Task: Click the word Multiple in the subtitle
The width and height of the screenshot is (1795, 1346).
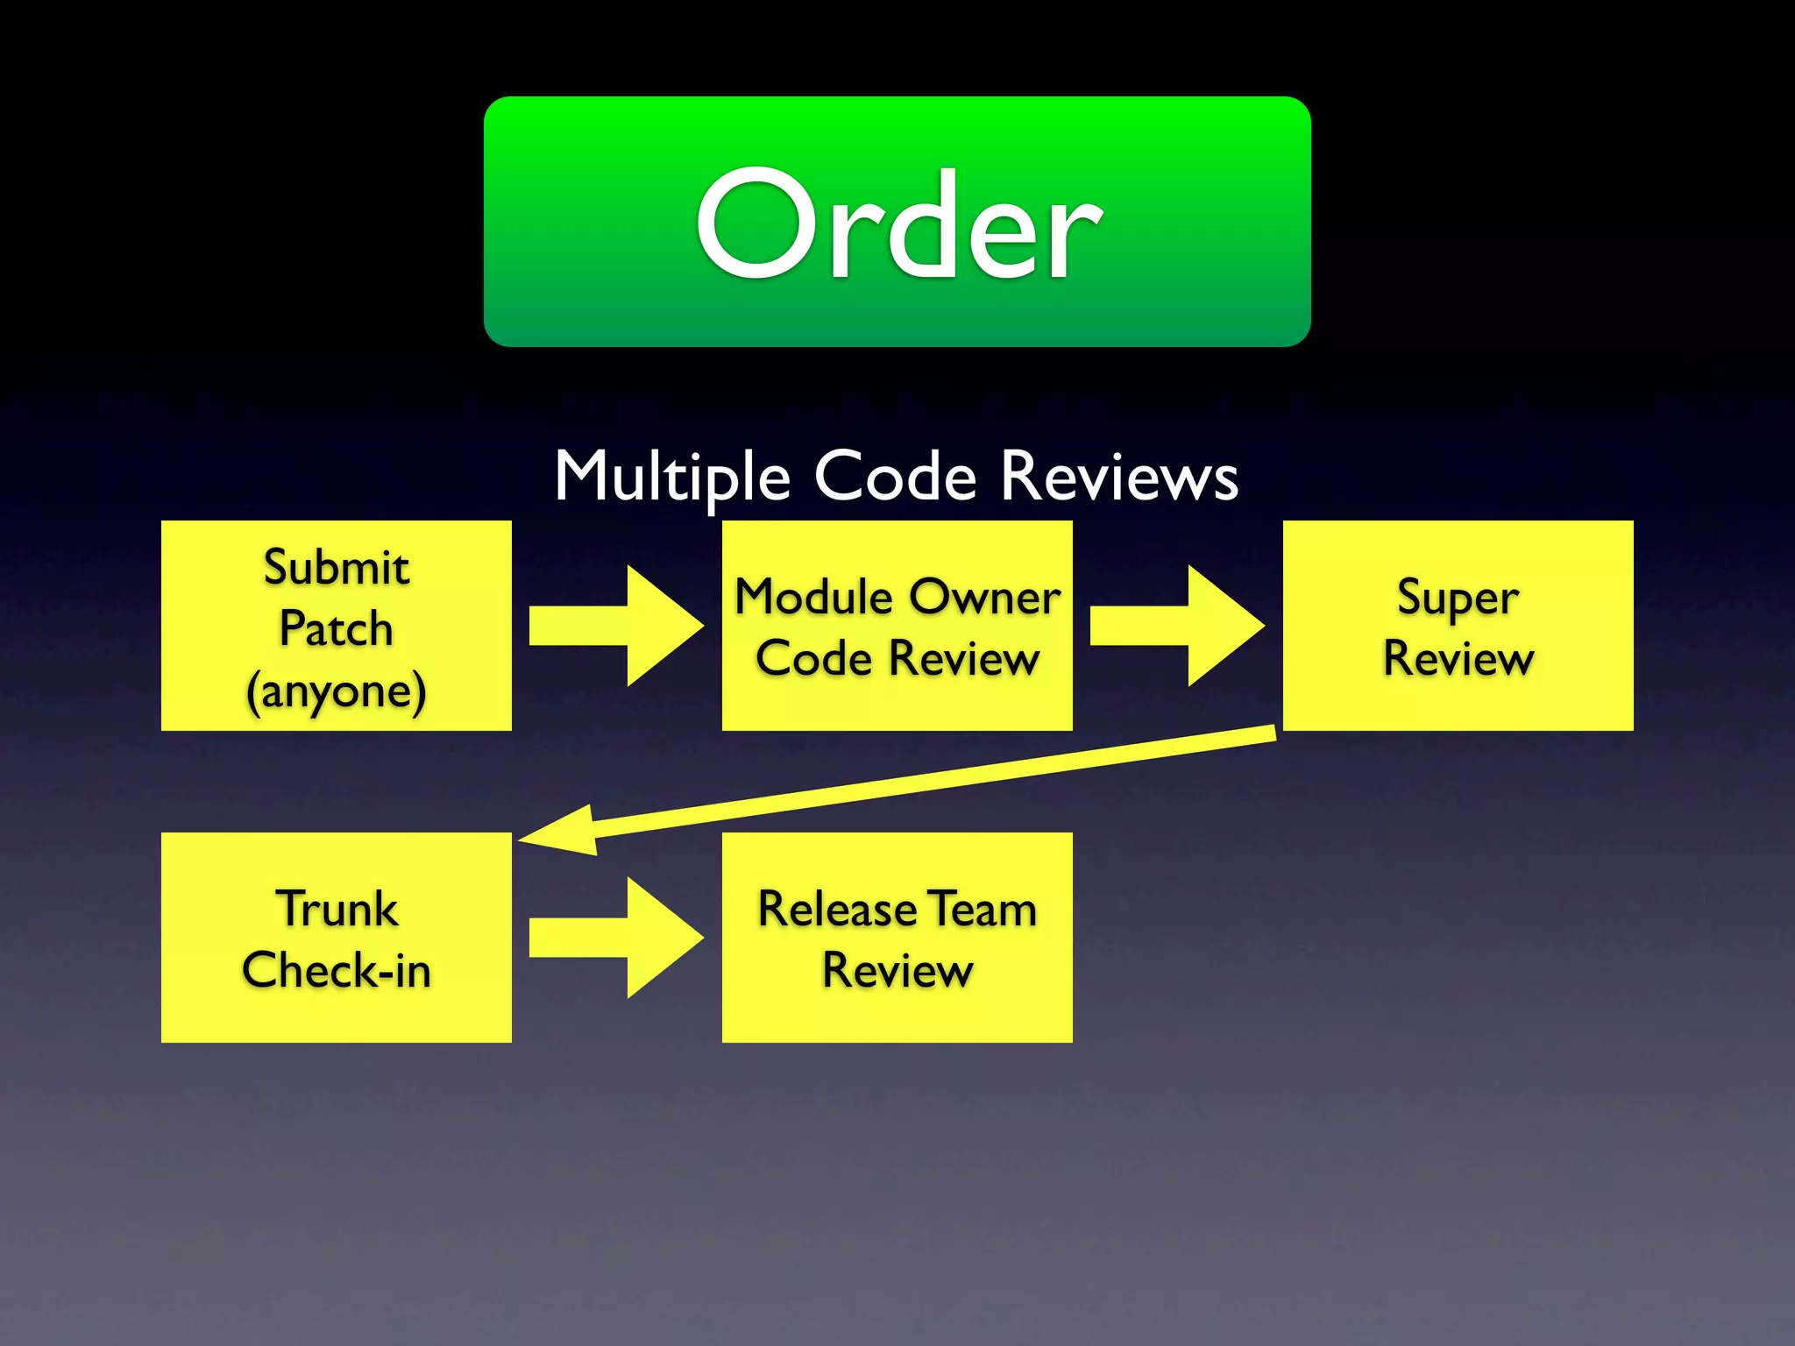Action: pos(672,478)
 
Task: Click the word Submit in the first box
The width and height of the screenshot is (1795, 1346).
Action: pos(337,567)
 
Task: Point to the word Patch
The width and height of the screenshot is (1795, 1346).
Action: pos(337,628)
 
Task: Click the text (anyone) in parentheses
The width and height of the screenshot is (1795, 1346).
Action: pos(337,691)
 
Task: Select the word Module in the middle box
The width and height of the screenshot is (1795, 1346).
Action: pos(813,598)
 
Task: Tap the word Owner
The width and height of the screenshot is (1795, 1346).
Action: pos(985,598)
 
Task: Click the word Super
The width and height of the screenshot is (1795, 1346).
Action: pos(1458,599)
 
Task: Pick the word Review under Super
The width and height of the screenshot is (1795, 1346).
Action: pos(1458,659)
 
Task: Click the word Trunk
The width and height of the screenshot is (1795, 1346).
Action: pos(337,909)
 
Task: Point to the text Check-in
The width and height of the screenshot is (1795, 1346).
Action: pos(337,971)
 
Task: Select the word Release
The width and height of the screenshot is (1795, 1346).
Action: pos(837,909)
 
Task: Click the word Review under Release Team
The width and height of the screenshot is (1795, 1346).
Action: pos(897,971)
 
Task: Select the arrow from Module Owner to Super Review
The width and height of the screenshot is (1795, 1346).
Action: pos(1178,626)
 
